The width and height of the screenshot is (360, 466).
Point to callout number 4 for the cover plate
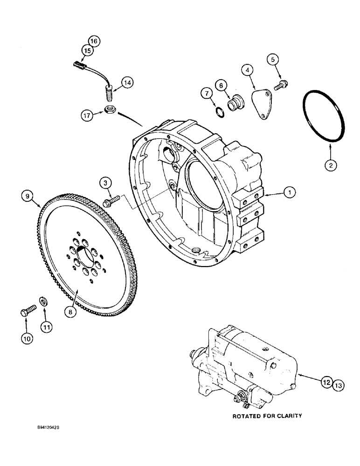tap(248, 70)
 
